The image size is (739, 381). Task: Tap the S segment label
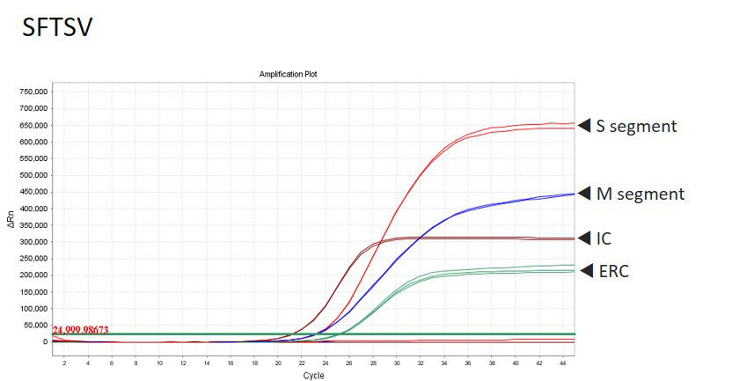pos(637,126)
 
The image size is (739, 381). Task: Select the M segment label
pos(640,194)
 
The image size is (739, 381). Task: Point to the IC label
pos(604,238)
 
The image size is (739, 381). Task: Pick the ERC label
pos(612,272)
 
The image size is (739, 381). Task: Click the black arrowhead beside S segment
pos(584,126)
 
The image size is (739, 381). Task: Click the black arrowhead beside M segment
pos(584,194)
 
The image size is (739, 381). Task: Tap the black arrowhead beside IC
pos(584,238)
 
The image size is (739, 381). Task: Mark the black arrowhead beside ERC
pos(584,272)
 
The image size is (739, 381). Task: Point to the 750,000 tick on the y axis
pos(33,92)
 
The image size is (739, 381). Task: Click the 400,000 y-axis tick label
pos(33,209)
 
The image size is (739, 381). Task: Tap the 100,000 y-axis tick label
pos(33,309)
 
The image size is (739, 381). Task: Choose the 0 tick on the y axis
pos(46,342)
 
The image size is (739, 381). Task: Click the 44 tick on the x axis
pos(562,361)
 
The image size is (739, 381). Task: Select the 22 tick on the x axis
pos(302,361)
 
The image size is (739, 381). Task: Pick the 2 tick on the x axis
pos(64,361)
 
